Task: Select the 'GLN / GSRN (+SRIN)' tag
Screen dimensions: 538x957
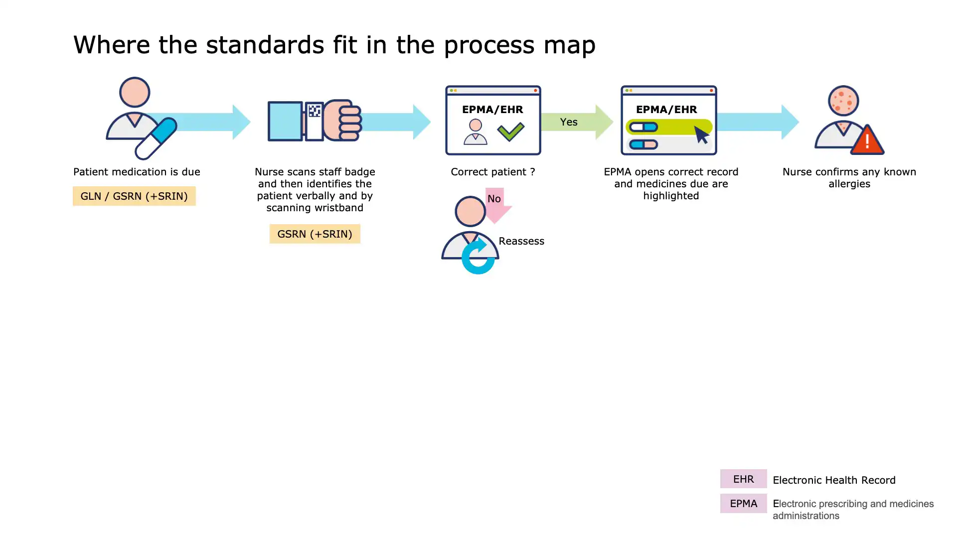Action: click(x=134, y=196)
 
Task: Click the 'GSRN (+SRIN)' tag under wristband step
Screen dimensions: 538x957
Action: click(x=315, y=234)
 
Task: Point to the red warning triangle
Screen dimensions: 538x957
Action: click(x=867, y=141)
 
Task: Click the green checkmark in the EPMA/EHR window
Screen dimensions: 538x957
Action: click(x=511, y=131)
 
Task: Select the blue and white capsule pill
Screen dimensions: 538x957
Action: click(x=157, y=138)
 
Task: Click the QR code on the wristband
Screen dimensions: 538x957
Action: click(x=314, y=111)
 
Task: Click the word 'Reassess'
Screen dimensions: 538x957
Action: click(x=521, y=241)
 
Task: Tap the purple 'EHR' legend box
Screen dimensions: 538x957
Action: click(x=743, y=479)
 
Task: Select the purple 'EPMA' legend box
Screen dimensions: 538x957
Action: click(x=743, y=504)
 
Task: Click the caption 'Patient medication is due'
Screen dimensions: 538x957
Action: click(x=137, y=172)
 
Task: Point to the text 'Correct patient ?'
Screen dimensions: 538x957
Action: click(x=492, y=172)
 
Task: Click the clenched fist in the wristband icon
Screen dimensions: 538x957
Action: click(x=343, y=120)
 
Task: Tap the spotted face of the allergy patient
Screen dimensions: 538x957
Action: click(x=843, y=101)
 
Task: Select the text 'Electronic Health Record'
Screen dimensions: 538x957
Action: click(x=834, y=480)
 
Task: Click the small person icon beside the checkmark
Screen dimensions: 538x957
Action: click(x=476, y=132)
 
